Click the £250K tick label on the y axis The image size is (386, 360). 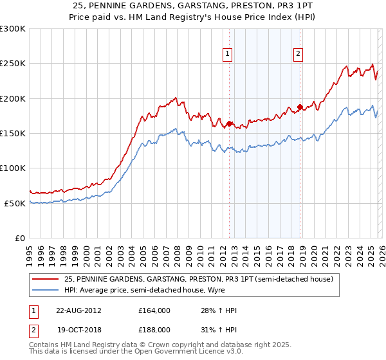coord(13,64)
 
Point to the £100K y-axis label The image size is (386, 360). coord(13,168)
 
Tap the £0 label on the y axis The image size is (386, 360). coord(19,238)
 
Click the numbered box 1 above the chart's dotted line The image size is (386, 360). coord(228,55)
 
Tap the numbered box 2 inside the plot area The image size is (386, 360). coord(299,55)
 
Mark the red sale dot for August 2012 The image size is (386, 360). coord(229,123)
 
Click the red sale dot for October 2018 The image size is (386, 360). coord(300,107)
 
